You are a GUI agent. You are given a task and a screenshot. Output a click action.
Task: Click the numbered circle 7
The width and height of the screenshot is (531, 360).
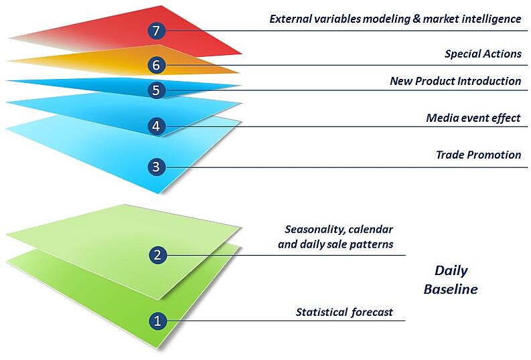(156, 31)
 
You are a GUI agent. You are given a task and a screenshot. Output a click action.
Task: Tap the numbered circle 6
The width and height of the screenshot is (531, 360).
(156, 65)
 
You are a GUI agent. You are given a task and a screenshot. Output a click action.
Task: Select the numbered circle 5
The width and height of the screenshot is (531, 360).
(156, 90)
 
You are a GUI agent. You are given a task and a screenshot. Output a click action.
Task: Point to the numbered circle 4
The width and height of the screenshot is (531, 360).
(156, 126)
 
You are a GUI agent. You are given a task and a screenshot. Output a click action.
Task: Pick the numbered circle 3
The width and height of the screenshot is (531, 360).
(156, 167)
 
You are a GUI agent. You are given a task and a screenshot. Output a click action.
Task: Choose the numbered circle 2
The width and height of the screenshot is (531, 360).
(157, 255)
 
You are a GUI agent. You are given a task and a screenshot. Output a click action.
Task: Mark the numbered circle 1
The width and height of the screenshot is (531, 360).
(157, 321)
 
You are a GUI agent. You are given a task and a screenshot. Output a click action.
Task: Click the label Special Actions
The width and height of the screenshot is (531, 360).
(483, 54)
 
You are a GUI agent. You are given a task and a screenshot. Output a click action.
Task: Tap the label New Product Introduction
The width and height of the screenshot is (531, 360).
(455, 81)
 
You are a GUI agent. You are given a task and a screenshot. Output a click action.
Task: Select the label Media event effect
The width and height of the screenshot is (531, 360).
(473, 118)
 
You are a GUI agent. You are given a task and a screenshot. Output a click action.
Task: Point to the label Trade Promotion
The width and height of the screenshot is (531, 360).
(479, 155)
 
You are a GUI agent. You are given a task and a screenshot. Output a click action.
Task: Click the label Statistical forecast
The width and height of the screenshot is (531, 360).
(344, 312)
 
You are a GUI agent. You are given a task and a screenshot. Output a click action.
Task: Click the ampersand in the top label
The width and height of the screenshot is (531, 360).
(416, 18)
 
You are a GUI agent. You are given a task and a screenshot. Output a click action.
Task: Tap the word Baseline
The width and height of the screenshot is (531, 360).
(451, 289)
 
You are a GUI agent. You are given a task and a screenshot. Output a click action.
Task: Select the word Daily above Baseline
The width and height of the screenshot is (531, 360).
(451, 271)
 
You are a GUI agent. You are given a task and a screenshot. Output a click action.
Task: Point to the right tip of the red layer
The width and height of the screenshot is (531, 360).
(242, 54)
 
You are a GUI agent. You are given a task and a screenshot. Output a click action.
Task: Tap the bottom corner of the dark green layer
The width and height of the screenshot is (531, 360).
(157, 349)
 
